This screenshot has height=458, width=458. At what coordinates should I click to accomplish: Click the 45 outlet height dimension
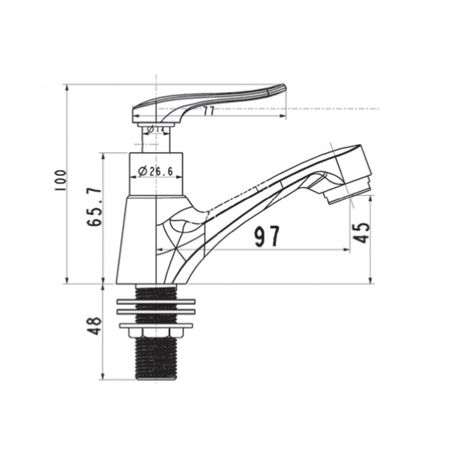click(x=362, y=233)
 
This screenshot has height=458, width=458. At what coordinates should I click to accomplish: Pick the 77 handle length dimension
click(x=209, y=111)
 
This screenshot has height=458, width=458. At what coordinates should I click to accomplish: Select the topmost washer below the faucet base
click(x=156, y=302)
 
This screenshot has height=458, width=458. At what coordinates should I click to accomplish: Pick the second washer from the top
click(x=156, y=312)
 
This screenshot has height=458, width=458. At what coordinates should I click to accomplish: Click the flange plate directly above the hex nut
click(x=156, y=326)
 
